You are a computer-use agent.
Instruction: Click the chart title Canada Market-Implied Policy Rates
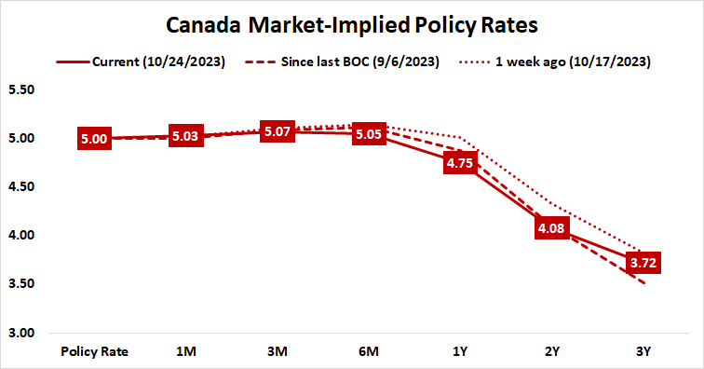point(352,21)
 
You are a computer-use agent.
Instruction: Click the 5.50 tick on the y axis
point(20,90)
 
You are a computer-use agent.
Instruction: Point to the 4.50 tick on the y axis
point(20,187)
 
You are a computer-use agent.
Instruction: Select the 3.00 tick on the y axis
point(20,333)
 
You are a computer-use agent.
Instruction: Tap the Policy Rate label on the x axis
point(94,352)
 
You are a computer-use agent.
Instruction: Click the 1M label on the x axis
point(185,352)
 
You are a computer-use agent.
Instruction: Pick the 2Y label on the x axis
point(553,352)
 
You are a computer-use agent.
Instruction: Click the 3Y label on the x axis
point(644,352)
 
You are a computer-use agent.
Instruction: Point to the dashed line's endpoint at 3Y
point(643,283)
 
